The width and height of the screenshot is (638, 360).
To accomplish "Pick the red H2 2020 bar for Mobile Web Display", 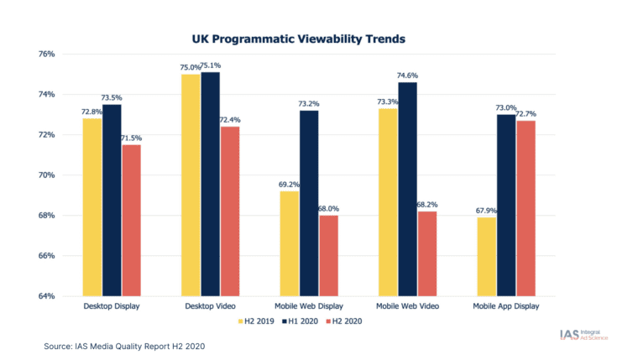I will (x=329, y=255).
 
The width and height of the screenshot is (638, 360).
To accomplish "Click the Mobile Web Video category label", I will (x=407, y=308).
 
